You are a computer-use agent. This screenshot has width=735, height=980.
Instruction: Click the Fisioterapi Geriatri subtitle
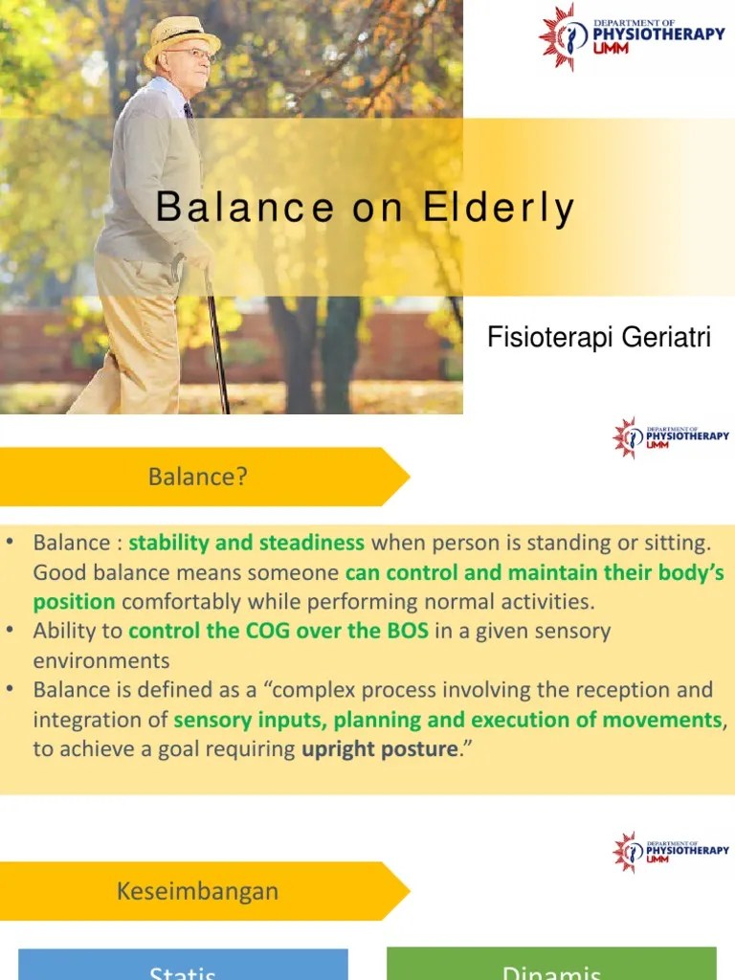[599, 338]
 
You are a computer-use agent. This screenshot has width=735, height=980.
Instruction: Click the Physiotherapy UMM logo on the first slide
[631, 36]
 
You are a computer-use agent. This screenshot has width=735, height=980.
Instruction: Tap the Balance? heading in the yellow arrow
[198, 476]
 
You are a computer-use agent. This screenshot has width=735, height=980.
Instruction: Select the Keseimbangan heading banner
[198, 890]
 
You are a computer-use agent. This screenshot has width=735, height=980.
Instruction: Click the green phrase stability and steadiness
[247, 544]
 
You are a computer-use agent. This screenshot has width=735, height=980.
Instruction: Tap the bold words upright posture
[379, 749]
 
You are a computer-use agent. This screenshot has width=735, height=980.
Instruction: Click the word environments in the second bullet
[101, 660]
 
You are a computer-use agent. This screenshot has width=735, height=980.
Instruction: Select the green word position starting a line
[74, 602]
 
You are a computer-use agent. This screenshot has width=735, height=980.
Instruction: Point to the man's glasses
[195, 54]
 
